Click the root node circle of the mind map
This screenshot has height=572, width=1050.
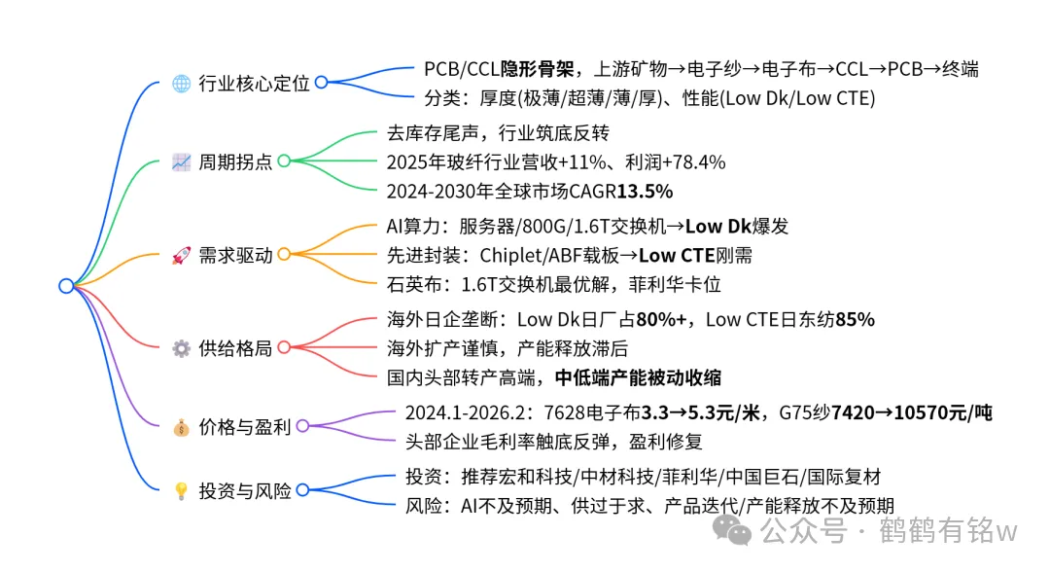coord(66,286)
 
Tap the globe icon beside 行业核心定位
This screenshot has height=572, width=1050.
coord(180,83)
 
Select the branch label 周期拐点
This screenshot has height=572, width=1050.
coord(235,161)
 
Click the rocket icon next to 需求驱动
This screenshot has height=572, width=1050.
coord(180,255)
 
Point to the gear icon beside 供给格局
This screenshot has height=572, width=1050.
coord(180,348)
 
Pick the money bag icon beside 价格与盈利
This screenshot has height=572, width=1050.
coord(180,426)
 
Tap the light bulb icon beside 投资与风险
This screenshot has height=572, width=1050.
coord(180,491)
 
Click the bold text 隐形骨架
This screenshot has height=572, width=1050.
coord(537,69)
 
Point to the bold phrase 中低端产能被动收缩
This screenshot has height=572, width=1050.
coord(638,376)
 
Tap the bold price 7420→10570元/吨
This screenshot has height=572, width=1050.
coord(899,412)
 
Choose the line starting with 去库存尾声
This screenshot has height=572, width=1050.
coord(498,132)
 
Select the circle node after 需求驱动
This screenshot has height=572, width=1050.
coord(284,255)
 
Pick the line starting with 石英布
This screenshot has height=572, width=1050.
coord(553,284)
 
